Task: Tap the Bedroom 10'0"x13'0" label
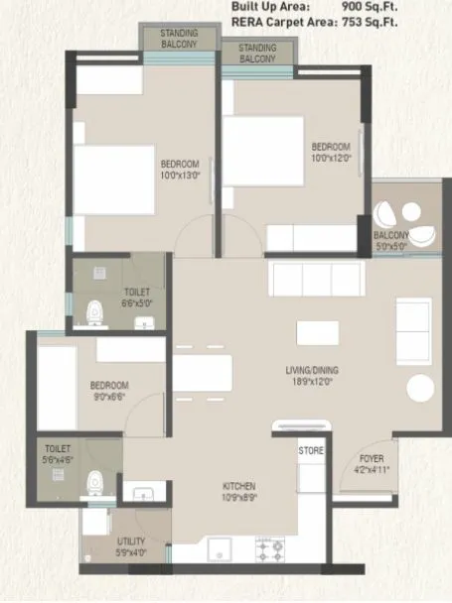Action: click(x=181, y=169)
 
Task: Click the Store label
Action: click(x=311, y=450)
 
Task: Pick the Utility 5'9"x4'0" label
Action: click(x=131, y=545)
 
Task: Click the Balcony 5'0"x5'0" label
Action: click(x=390, y=240)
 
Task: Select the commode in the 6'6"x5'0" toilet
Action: click(x=95, y=311)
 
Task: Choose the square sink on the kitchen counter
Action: click(x=220, y=548)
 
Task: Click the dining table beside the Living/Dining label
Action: click(x=202, y=374)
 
